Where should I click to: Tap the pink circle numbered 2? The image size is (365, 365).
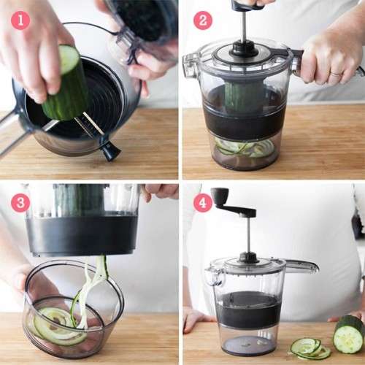coord(202,20)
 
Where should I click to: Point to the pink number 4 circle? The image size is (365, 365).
coord(202,202)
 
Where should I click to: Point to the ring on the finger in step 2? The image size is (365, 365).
coord(334,74)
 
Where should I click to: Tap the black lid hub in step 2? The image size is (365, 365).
coord(244,50)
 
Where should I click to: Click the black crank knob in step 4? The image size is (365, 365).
coord(220,196)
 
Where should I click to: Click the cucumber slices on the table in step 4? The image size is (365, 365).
coord(310,348)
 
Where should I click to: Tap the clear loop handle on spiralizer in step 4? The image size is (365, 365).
coord(214,277)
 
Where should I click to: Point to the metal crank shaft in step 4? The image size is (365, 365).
coord(248,234)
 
